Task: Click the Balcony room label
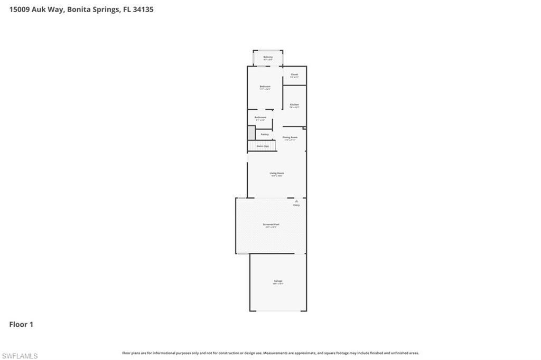tap(268, 57)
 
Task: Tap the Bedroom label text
tap(265, 87)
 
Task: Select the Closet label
tap(294, 74)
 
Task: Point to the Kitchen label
tap(294, 105)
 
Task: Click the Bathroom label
tap(260, 117)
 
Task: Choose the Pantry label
tap(265, 134)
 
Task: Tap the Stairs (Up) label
tap(263, 146)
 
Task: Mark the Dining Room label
tap(290, 137)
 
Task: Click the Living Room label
tap(277, 173)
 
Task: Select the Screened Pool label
tap(271, 224)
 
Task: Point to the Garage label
tap(278, 281)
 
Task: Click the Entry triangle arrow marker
tap(296, 201)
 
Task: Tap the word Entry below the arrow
tap(296, 205)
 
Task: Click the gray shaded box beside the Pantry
tap(251, 132)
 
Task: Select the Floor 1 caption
tap(21, 325)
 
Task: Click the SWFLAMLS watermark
tap(20, 356)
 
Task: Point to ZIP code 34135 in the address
tap(143, 10)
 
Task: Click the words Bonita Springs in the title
tap(93, 10)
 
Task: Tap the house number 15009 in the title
tap(19, 10)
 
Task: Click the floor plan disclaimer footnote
tap(270, 353)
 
